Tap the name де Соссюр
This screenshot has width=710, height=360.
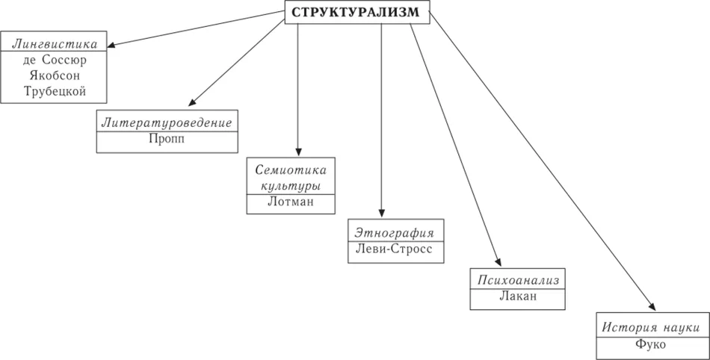55,59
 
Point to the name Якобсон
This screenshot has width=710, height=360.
55,75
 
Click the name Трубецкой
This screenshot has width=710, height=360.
55,93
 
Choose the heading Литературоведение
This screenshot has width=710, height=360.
167,121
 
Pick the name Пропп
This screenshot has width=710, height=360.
167,139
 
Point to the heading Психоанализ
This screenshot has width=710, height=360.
515,280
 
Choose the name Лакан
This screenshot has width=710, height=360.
515,298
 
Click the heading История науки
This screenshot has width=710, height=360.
652,327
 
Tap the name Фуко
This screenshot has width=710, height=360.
652,346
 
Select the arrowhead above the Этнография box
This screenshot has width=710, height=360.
381,214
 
